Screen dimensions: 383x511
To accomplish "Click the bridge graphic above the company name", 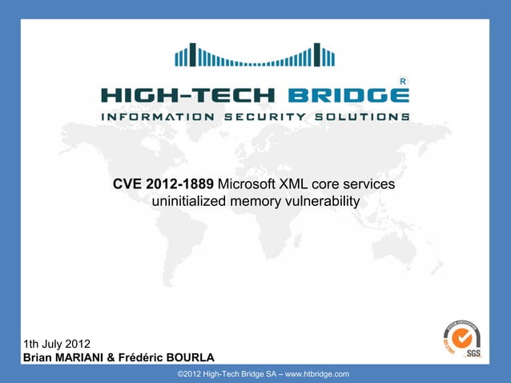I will point(255,55).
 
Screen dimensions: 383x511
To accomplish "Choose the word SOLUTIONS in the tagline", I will point(361,116).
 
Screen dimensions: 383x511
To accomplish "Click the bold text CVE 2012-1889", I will point(163,185).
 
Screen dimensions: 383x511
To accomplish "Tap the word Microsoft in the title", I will point(248,185).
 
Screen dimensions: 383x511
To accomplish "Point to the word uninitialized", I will point(189,200).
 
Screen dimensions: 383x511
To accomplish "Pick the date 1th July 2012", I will point(57,344).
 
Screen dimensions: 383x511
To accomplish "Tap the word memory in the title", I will point(251,200).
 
